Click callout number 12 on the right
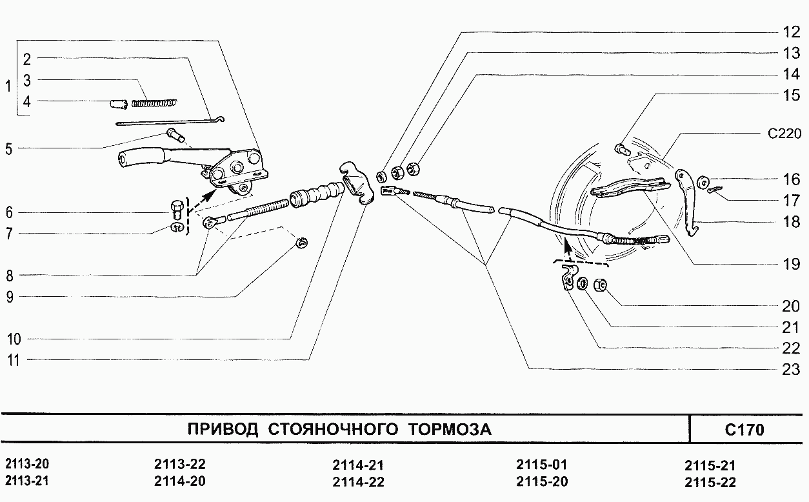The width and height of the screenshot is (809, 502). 790,31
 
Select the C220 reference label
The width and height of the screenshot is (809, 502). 784,134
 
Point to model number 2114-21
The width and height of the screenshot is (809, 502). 358,465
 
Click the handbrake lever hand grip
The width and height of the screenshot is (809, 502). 139,157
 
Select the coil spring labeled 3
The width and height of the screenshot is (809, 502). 154,102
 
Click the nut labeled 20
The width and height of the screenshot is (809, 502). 599,284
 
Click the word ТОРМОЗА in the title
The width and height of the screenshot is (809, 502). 449,430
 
